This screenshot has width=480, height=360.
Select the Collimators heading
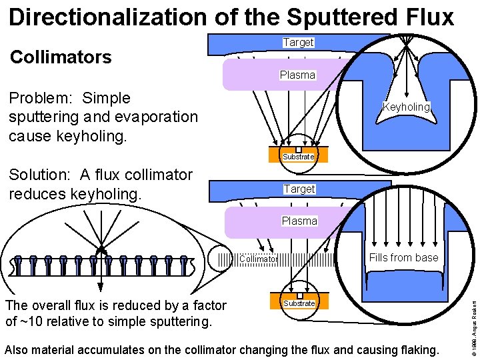point(61,57)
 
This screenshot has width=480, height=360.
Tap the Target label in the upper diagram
point(298,42)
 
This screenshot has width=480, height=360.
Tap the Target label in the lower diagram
point(299,189)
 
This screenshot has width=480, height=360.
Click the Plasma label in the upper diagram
point(297,75)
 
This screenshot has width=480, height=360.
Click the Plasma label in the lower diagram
point(299,221)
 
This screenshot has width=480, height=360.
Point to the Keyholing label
point(406,107)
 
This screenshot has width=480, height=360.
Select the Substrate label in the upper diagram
point(298,157)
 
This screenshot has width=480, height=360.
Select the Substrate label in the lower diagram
point(299,303)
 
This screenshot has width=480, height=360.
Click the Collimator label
point(258,259)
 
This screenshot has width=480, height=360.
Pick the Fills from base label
point(404,257)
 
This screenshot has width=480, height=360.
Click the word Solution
point(40,175)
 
